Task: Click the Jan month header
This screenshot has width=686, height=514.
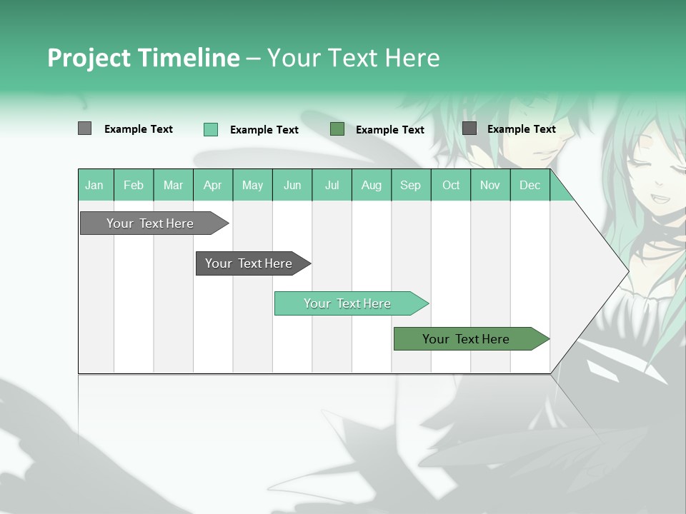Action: coord(94,186)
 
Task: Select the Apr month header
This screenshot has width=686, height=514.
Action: coord(212,186)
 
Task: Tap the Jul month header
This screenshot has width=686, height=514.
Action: coord(332,186)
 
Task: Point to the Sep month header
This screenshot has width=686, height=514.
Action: coord(410,186)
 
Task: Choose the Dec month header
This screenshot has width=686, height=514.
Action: coord(530,186)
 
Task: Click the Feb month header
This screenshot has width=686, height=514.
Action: coord(134,186)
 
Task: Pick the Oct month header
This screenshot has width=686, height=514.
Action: coord(451,186)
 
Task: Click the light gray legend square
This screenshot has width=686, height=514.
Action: coord(84,128)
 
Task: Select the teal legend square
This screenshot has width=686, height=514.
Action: coord(211,129)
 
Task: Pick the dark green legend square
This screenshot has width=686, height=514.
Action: coord(337,129)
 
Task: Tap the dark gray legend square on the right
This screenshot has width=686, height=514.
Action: coord(469,128)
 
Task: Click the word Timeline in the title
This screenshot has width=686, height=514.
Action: coord(188,58)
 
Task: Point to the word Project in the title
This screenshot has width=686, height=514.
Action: coord(89,58)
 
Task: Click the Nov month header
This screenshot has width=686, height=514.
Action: coord(490,186)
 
